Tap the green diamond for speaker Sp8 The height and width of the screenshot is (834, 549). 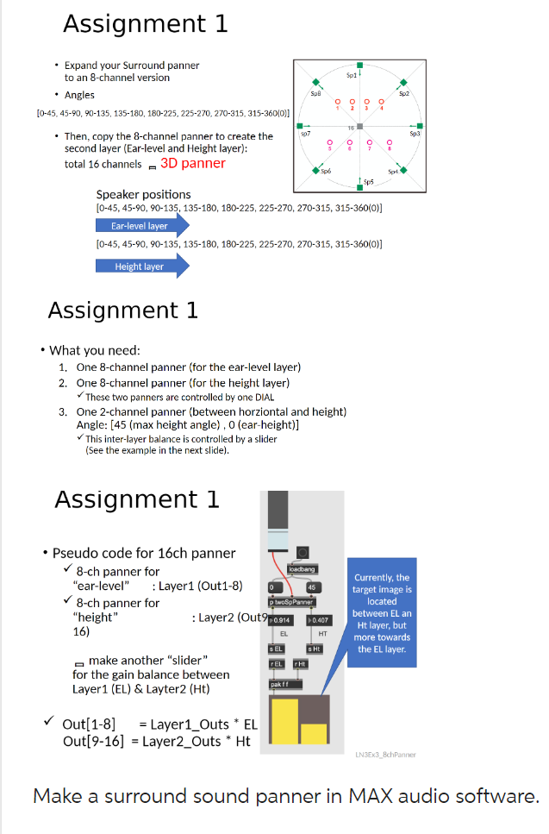pos(316,83)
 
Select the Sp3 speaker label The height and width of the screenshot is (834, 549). pos(415,134)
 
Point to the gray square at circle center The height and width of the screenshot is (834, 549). pos(359,127)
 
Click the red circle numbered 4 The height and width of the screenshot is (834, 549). pos(382,101)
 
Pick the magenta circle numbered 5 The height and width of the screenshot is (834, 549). pos(330,143)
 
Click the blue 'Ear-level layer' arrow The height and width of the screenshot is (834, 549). pos(142,226)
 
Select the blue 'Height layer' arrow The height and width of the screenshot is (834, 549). pos(142,267)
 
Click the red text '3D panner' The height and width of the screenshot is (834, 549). pos(193,163)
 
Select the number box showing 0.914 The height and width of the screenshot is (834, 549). pos(282,620)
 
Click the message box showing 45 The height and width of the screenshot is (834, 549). pos(313,586)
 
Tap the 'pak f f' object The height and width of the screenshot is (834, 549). pos(283,684)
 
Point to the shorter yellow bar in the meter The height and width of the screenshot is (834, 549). pos(314,734)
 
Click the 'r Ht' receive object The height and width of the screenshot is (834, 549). pos(301,663)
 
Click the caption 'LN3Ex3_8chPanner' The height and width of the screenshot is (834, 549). pos(385,755)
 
